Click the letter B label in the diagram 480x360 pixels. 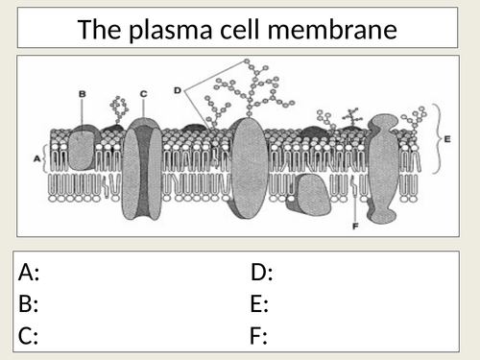pyautogui.click(x=83, y=93)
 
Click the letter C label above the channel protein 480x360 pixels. pyautogui.click(x=143, y=93)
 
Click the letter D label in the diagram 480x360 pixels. pyautogui.click(x=178, y=90)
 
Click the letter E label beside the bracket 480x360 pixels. pyautogui.click(x=449, y=136)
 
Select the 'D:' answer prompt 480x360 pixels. pyautogui.click(x=262, y=273)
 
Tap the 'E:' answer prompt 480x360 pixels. pyautogui.click(x=259, y=304)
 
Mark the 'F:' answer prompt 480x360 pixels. pyautogui.click(x=258, y=336)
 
